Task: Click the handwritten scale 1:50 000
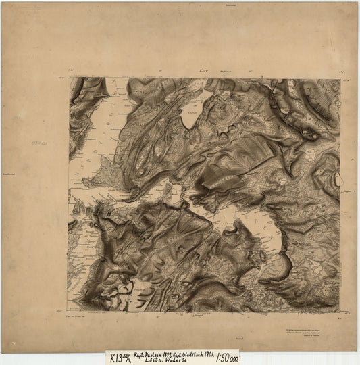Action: pos(226,356)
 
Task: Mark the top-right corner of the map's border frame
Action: pos(340,78)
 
